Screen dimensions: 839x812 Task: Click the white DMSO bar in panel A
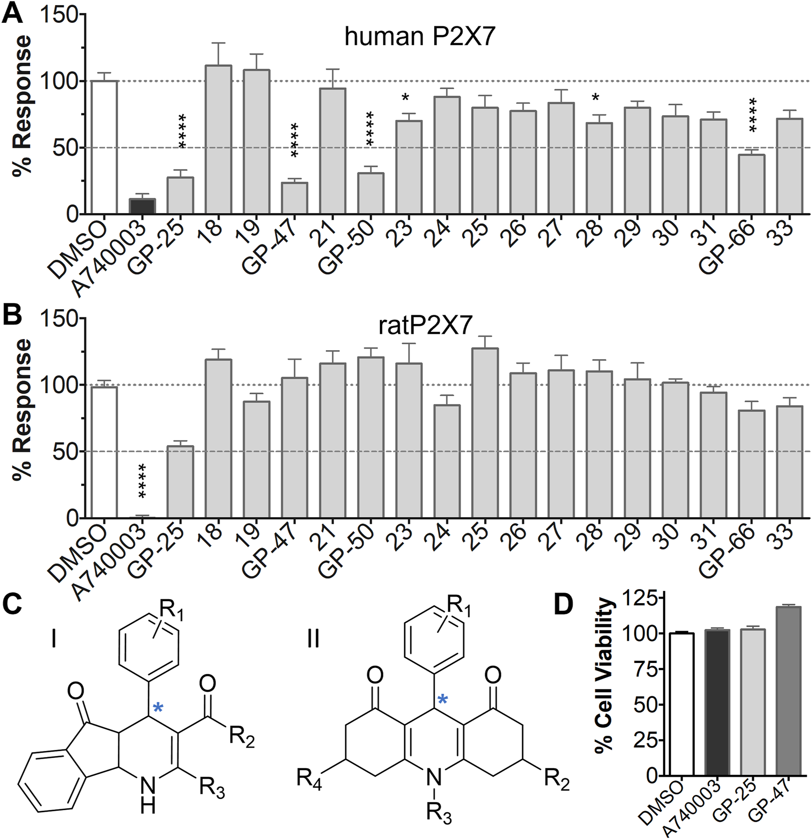pos(104,147)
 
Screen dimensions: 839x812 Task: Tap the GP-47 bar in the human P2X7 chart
pos(294,198)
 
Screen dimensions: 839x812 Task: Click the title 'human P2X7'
pos(419,37)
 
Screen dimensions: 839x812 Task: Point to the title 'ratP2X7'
pos(425,326)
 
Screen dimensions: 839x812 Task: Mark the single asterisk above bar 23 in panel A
pos(405,98)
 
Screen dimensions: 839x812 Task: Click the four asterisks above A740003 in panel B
pos(142,481)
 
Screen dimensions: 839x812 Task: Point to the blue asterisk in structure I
pos(158,708)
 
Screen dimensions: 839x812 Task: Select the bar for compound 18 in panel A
pos(218,139)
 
